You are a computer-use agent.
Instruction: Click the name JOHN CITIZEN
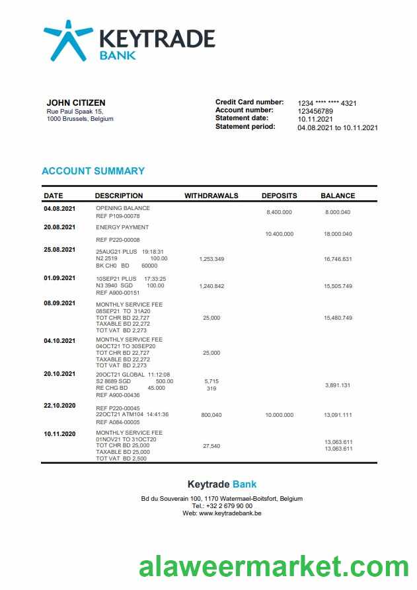pos(75,102)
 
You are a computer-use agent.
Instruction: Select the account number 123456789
pos(315,111)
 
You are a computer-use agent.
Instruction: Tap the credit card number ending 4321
pos(327,103)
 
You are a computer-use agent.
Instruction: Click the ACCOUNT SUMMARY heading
pos(93,170)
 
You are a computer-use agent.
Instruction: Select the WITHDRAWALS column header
pos(211,196)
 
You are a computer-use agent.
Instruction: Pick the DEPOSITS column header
pos(279,196)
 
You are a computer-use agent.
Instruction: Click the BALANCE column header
pos(338,196)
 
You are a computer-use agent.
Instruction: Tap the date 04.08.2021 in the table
pos(59,209)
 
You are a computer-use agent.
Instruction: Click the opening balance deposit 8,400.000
pos(279,212)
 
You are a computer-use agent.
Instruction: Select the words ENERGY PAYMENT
pos(122,227)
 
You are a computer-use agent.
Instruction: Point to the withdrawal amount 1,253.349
pos(211,259)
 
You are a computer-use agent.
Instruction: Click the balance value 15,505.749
pos(338,286)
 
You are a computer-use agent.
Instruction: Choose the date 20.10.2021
pos(59,374)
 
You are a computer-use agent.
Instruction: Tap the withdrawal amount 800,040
pos(211,415)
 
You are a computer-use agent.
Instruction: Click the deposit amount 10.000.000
pos(279,415)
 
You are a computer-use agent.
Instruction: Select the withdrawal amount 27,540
pos(211,446)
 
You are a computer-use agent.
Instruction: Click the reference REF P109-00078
pos(118,216)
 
